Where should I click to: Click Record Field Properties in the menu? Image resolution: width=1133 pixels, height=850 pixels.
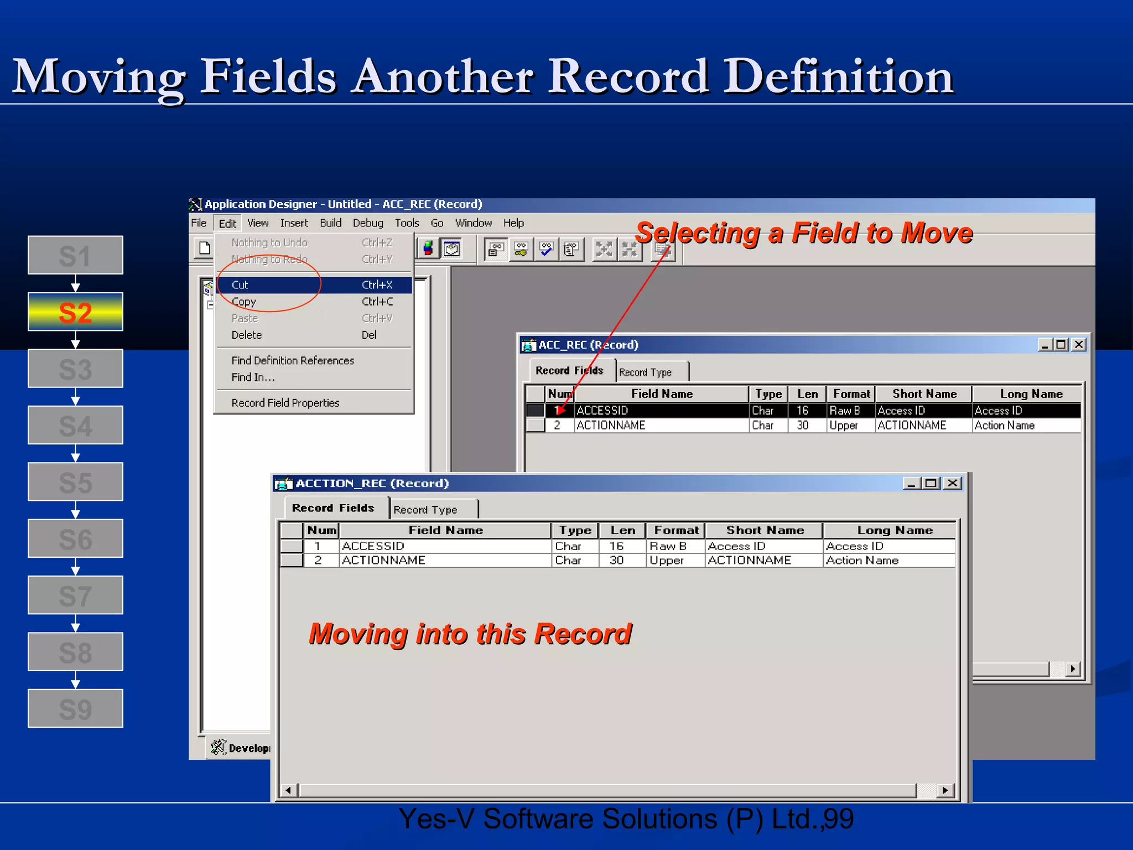pyautogui.click(x=285, y=403)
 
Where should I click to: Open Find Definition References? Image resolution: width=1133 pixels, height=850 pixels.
pyautogui.click(x=293, y=360)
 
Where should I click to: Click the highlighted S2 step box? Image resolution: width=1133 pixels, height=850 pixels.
pyautogui.click(x=75, y=312)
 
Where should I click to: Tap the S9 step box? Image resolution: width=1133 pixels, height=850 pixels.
pyautogui.click(x=75, y=708)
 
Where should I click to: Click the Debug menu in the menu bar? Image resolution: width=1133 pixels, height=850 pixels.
pyautogui.click(x=368, y=223)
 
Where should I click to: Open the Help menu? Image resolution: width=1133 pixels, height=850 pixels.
pyautogui.click(x=513, y=223)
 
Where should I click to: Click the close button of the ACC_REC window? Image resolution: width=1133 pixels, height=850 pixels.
pyautogui.click(x=1078, y=345)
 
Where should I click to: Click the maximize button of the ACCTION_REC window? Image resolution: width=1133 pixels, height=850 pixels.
pyautogui.click(x=931, y=483)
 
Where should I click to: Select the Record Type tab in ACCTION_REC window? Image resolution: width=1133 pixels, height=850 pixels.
pyautogui.click(x=425, y=509)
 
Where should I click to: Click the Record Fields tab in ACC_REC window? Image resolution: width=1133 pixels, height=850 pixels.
pyautogui.click(x=569, y=371)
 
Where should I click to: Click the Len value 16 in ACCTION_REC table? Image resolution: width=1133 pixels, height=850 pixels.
pyautogui.click(x=616, y=546)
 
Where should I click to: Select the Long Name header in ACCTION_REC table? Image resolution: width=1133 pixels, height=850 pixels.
pyautogui.click(x=895, y=530)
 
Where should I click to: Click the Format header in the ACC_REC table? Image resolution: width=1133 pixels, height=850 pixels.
pyautogui.click(x=851, y=394)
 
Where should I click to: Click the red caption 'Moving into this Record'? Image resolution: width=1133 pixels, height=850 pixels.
pyautogui.click(x=470, y=634)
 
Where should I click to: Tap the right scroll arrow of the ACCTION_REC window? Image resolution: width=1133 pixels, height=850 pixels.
pyautogui.click(x=945, y=790)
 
